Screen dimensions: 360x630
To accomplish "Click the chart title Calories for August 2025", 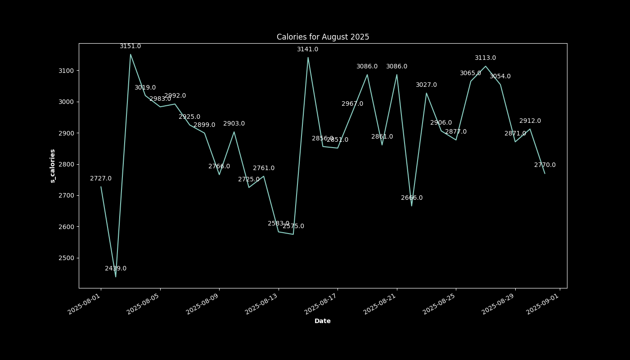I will (323, 37).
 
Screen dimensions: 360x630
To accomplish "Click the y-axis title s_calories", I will (53, 166).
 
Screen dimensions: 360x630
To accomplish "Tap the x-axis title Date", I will (322, 321).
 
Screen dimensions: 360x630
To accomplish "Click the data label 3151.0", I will (130, 46).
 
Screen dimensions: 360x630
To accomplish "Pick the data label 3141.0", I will (307, 49).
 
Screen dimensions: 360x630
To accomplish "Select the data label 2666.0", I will (412, 198).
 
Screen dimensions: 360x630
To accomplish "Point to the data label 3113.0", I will (485, 58).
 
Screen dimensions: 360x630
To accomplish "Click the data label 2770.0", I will (544, 165).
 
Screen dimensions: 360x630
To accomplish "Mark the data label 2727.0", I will (101, 179).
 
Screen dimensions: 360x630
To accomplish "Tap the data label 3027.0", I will (426, 85).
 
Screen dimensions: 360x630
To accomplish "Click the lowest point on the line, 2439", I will (116, 277).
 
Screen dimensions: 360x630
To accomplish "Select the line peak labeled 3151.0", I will (130, 54).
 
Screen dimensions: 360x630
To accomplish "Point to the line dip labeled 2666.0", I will (411, 206).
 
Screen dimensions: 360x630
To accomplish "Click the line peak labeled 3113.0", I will (486, 66).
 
